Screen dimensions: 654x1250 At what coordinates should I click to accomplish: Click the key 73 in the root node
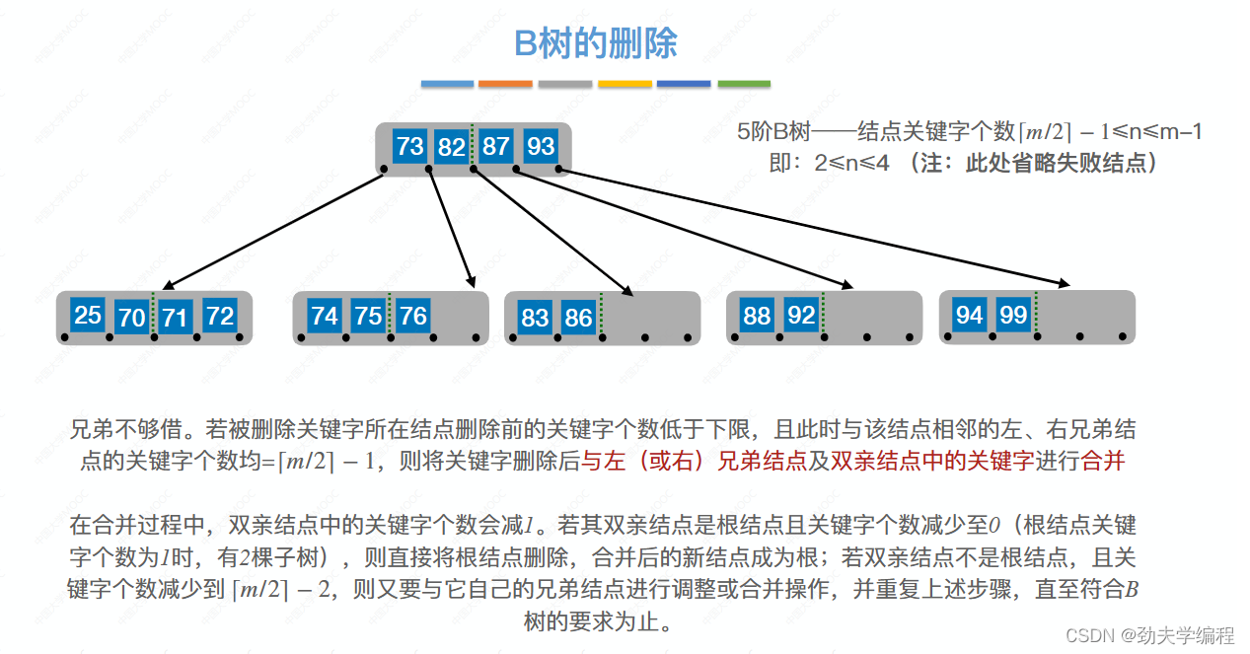pyautogui.click(x=409, y=147)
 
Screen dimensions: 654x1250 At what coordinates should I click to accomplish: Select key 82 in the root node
pyautogui.click(x=451, y=147)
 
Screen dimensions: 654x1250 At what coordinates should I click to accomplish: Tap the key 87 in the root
pyautogui.click(x=495, y=147)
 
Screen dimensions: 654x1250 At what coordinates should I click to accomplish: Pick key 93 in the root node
pyautogui.click(x=540, y=147)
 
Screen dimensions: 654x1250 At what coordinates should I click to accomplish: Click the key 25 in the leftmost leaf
pyautogui.click(x=88, y=315)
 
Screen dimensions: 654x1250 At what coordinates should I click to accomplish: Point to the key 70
pyautogui.click(x=131, y=317)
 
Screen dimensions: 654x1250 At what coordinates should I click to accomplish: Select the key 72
pyautogui.click(x=219, y=316)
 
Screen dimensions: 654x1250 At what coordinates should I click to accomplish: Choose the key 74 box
pyautogui.click(x=324, y=316)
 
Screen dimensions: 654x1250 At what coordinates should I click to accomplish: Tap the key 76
pyautogui.click(x=412, y=316)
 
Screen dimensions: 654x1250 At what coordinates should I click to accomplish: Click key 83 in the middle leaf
pyautogui.click(x=535, y=318)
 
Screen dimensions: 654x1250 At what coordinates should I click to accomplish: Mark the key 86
pyautogui.click(x=578, y=318)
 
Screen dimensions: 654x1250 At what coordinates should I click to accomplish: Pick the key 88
pyautogui.click(x=757, y=316)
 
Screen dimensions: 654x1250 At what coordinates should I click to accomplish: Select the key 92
pyautogui.click(x=801, y=316)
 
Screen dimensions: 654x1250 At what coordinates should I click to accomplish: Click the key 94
pyautogui.click(x=970, y=315)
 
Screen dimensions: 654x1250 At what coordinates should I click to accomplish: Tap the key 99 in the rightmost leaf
pyautogui.click(x=1013, y=315)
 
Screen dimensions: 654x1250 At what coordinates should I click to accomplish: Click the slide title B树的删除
pyautogui.click(x=596, y=43)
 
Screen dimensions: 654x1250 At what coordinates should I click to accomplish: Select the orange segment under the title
pyautogui.click(x=505, y=84)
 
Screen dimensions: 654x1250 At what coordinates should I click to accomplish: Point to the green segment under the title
pyautogui.click(x=744, y=84)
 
